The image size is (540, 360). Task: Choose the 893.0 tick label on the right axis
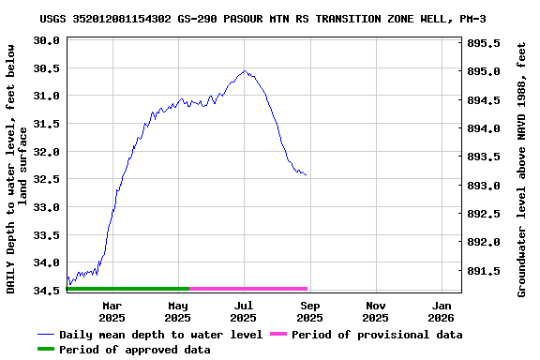pos(483,186)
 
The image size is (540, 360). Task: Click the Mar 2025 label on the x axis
pos(112,311)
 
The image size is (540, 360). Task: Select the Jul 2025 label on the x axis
pos(244,311)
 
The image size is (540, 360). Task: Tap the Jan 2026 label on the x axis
pos(442,311)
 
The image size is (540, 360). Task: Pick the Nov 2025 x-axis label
pos(376,311)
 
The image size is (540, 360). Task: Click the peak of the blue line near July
pos(245,70)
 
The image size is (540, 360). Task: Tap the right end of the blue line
pos(306,175)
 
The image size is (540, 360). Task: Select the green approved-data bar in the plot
pos(127,289)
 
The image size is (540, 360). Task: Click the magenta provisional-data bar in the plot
pos(248,289)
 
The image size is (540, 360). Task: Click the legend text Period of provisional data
pos(376,335)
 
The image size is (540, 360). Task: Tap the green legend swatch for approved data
pos(46,350)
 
